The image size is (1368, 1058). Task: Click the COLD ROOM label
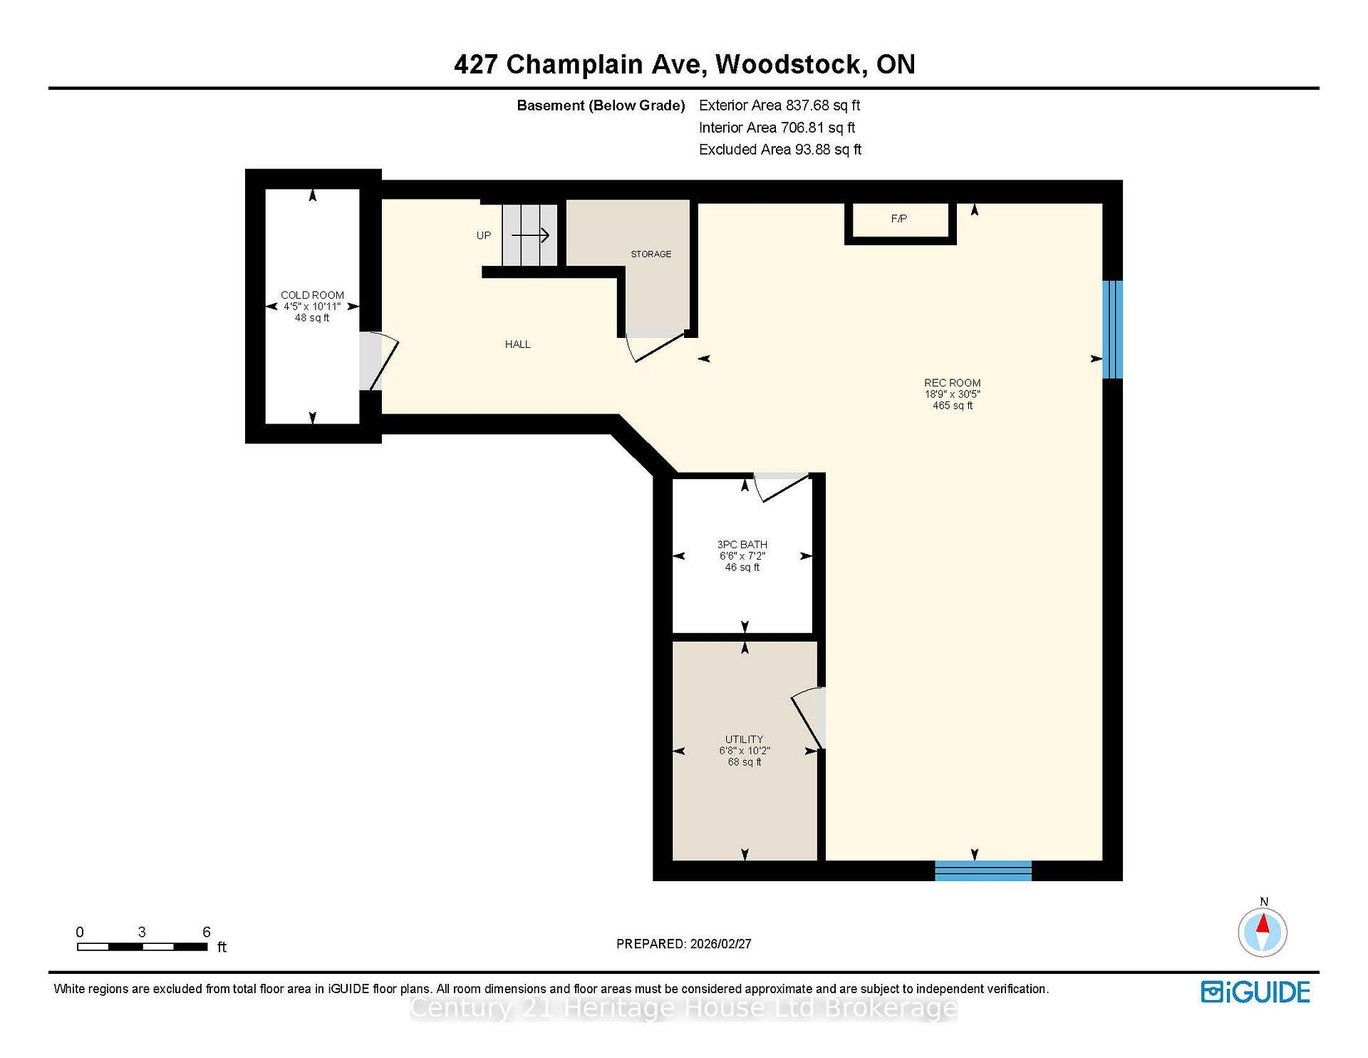point(312,295)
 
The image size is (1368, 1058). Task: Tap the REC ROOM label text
point(952,383)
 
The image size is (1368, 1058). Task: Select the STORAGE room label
point(651,254)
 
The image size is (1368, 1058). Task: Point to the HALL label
point(518,344)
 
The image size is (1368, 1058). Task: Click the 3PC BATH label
point(742,545)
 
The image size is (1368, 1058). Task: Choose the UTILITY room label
point(744,739)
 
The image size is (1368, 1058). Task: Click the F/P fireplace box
point(899,220)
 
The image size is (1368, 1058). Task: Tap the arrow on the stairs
point(530,235)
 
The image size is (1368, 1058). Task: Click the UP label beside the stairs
point(484,236)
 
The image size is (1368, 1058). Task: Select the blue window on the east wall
point(1112,329)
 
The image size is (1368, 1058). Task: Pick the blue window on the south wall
point(983,870)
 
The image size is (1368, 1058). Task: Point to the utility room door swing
point(809,717)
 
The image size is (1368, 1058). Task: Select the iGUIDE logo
point(1255,992)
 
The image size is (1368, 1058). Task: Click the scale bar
point(142,947)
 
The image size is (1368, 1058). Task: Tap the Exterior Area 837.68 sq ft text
point(779,106)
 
